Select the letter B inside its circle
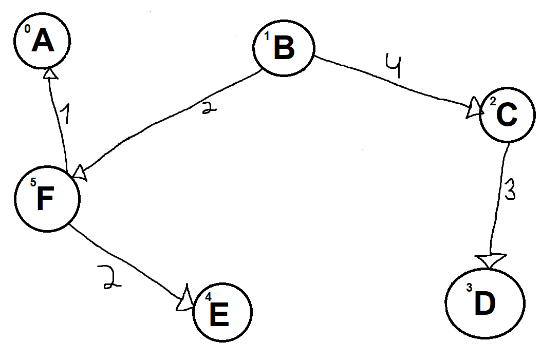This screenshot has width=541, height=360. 284,48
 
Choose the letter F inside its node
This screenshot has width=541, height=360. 46,200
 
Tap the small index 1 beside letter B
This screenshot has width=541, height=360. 267,36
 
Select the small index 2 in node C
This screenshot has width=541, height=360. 492,103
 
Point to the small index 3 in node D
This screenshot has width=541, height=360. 469,288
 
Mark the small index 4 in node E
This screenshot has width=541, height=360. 208,297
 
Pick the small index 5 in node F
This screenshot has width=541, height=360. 33,182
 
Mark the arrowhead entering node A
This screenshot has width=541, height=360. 50,74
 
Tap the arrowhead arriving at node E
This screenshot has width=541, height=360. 183,300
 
